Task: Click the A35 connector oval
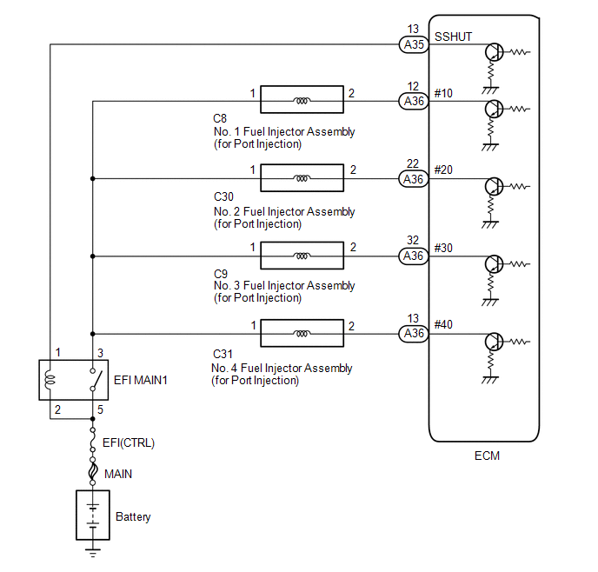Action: (414, 43)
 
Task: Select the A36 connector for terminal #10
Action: (414, 102)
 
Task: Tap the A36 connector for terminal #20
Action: (414, 179)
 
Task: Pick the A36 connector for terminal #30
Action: (414, 256)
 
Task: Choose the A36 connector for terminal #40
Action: (414, 333)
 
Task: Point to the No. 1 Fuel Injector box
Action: (302, 102)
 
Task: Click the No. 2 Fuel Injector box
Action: (302, 178)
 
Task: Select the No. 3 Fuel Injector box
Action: (302, 256)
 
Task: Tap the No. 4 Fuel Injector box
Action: (302, 333)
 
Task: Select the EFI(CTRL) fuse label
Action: (129, 442)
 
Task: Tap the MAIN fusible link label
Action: (120, 474)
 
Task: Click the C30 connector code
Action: (223, 199)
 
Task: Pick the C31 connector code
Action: (221, 355)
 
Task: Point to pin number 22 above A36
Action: (413, 164)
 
